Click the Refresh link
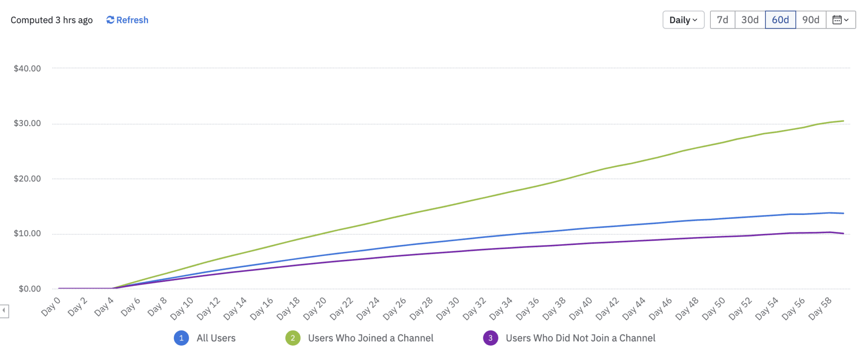[x=127, y=20]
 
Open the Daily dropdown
[x=683, y=20]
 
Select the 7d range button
[x=722, y=20]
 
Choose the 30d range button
[x=750, y=20]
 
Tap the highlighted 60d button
[x=780, y=20]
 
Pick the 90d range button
[x=811, y=20]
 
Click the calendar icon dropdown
[x=840, y=20]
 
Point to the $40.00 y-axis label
[x=27, y=69]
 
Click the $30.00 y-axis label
[x=27, y=124]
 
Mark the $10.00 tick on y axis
[x=27, y=234]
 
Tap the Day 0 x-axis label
[x=51, y=307]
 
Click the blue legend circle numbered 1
[x=181, y=338]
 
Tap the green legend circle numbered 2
[x=293, y=338]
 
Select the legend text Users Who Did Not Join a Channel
[x=580, y=338]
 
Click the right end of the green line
[x=843, y=121]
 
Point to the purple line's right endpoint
[x=843, y=234]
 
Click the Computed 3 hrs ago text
[x=52, y=20]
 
